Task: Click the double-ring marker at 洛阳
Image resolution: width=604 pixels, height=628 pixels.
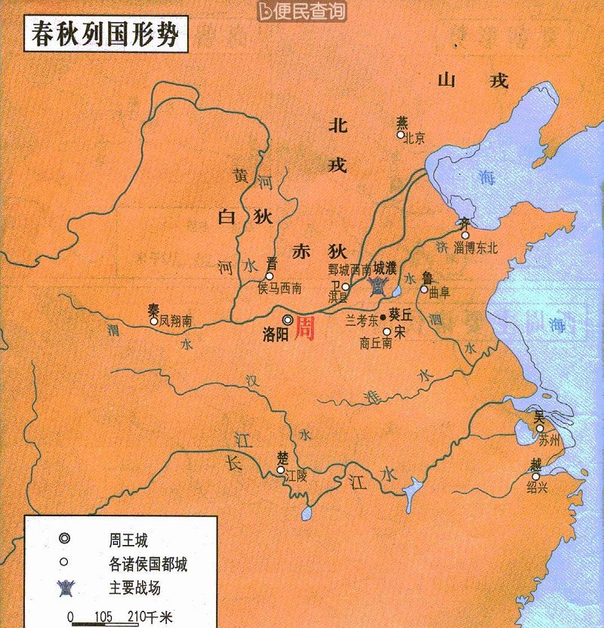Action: (287, 320)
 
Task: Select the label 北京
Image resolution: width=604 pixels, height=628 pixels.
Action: (414, 139)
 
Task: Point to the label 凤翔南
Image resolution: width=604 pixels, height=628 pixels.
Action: (176, 322)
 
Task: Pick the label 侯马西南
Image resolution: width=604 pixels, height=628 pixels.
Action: (279, 288)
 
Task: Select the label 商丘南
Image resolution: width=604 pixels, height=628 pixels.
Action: (376, 343)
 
